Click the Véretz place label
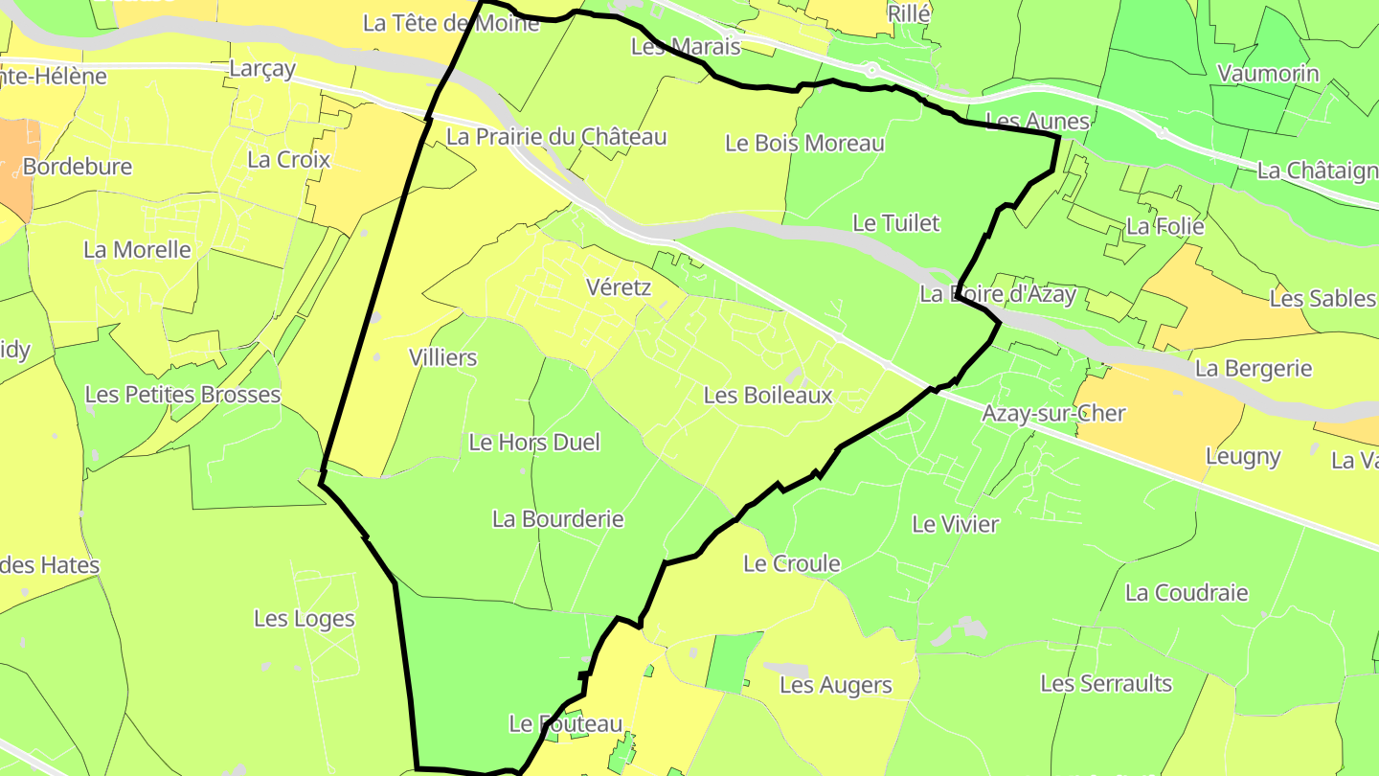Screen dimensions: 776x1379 click(618, 287)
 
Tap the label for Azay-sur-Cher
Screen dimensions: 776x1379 click(1053, 414)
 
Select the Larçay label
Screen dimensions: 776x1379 click(262, 69)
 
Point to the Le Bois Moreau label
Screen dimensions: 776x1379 click(804, 144)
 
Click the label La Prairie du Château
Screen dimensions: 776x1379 click(556, 137)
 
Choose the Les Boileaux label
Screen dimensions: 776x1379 click(767, 395)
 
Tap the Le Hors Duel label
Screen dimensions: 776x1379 click(534, 442)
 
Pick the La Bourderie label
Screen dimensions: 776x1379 click(557, 519)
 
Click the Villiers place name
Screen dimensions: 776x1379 click(442, 358)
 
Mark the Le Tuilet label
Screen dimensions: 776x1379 click(896, 223)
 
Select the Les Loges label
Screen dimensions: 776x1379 click(305, 619)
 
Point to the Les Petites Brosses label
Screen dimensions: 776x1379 click(183, 395)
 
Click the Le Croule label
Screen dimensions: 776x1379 click(792, 563)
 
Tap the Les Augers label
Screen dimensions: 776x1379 click(835, 685)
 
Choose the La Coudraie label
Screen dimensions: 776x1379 click(1187, 593)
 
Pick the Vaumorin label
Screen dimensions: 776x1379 click(1268, 74)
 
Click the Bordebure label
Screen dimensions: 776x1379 click(78, 167)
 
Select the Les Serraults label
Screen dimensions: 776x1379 click(1106, 684)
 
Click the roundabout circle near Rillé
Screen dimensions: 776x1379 click(871, 70)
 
